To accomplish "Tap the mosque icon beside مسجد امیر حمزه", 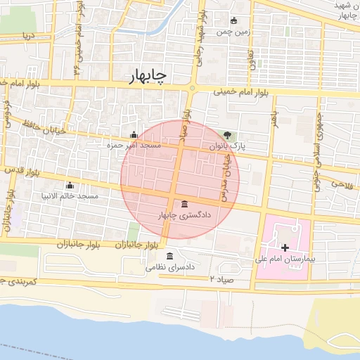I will pos(134,135).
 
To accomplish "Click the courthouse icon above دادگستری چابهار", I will pos(184,203).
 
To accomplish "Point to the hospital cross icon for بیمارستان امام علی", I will pos(285,247).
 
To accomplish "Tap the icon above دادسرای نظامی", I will pos(169,256).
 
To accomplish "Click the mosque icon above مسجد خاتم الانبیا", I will pos(69,186).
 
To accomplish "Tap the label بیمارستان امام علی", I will pos(284,259).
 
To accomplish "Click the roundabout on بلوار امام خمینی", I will pos(192,88).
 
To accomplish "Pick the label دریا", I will pos(28,34).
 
